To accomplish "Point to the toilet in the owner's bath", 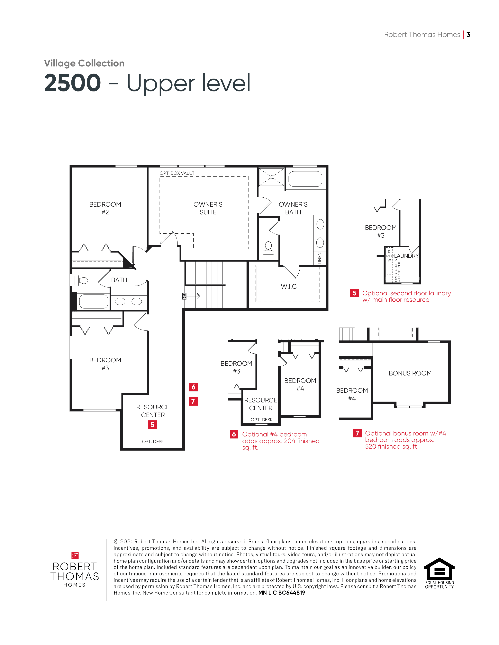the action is pyautogui.click(x=268, y=248).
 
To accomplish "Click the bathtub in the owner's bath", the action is pyautogui.click(x=305, y=179).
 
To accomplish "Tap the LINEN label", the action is pyautogui.click(x=319, y=258).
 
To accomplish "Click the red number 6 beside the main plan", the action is pyautogui.click(x=193, y=387).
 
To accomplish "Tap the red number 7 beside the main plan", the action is pyautogui.click(x=193, y=401).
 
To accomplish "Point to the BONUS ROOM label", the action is pyautogui.click(x=410, y=373).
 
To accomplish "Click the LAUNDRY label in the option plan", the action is pyautogui.click(x=406, y=256).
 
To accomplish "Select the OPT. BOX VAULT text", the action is pyautogui.click(x=177, y=173).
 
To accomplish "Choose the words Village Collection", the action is pyautogui.click(x=84, y=63).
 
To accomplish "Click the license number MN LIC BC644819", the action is pyautogui.click(x=282, y=593).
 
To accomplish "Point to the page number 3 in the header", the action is pyautogui.click(x=468, y=35).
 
